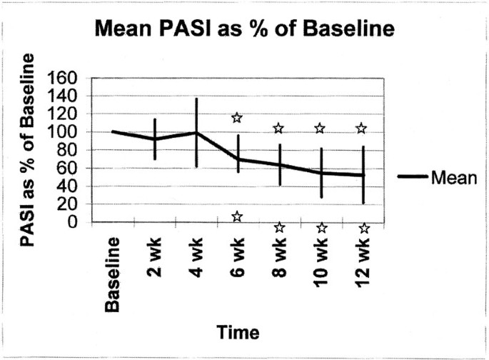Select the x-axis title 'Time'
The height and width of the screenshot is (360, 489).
[x=238, y=332]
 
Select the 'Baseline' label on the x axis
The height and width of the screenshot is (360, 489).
[x=114, y=275]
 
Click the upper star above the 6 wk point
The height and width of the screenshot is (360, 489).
[x=237, y=118]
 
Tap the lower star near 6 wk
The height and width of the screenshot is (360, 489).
[x=237, y=216]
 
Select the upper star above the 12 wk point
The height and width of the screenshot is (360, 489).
[x=362, y=129]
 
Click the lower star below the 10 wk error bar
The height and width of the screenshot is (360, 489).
[x=321, y=228]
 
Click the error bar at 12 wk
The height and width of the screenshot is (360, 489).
[x=363, y=175]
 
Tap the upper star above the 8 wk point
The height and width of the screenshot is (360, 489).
[x=278, y=129]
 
